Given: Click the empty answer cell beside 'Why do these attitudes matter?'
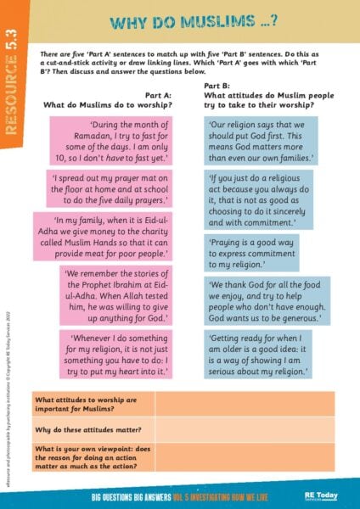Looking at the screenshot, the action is point(245,430).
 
